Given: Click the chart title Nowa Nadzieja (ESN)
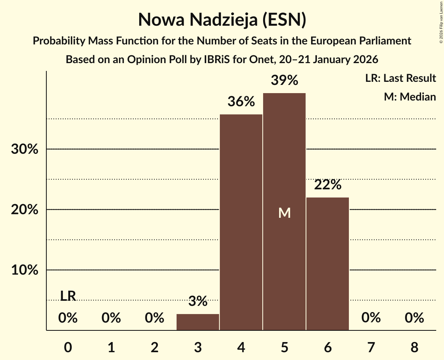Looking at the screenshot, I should pyautogui.click(x=222, y=20).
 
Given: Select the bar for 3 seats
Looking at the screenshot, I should pyautogui.click(x=198, y=322).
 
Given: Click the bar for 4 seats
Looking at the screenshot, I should pyautogui.click(x=241, y=222).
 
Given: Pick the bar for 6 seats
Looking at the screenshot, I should pyautogui.click(x=327, y=264).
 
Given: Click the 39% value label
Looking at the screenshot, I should pyautogui.click(x=285, y=81).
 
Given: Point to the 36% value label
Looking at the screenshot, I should pyautogui.click(x=241, y=102).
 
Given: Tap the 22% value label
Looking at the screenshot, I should pyautogui.click(x=327, y=185).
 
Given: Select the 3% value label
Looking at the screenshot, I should pyautogui.click(x=198, y=301).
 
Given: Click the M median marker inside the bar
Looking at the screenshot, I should pyautogui.click(x=285, y=213).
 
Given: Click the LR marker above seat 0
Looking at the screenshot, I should pyautogui.click(x=68, y=296).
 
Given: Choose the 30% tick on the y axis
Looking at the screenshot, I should pyautogui.click(x=25, y=149).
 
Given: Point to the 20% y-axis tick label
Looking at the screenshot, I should pyautogui.click(x=25, y=210).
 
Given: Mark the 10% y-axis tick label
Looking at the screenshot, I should pyautogui.click(x=25, y=270).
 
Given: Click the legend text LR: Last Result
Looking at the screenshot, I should pyautogui.click(x=400, y=78).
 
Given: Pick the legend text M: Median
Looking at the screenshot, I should pyautogui.click(x=410, y=97).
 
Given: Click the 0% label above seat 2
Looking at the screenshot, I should pyautogui.click(x=154, y=318).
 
